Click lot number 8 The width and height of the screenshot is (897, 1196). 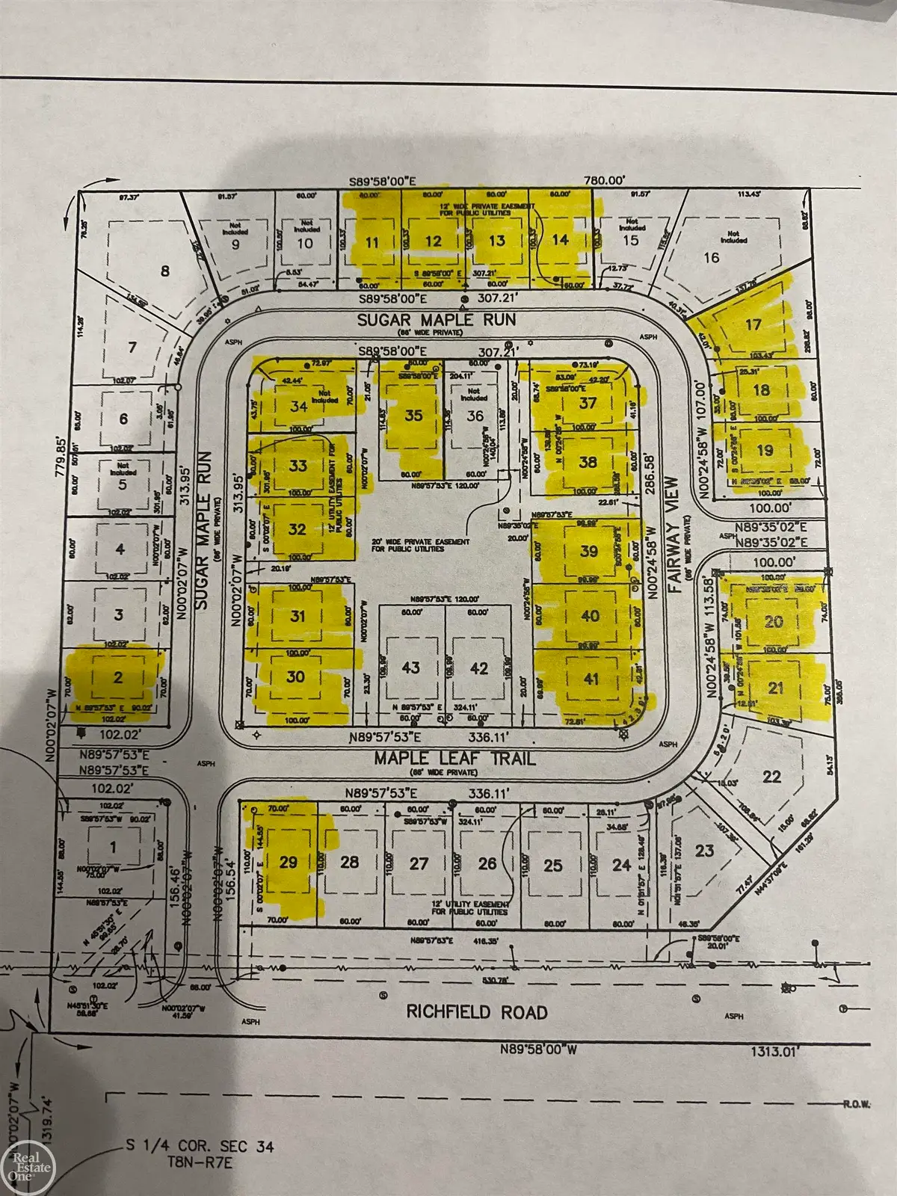pos(165,271)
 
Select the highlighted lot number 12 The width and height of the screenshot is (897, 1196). pos(434,241)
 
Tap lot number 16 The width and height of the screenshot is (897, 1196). pos(712,257)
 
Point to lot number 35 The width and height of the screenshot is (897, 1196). pos(413,416)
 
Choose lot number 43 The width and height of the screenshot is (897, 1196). pos(410,668)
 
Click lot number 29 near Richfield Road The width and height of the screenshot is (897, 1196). pos(289,862)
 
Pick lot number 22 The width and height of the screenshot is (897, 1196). pos(772,777)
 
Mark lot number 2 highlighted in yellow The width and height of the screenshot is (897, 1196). pos(117,678)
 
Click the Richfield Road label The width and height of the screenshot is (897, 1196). pos(477,1012)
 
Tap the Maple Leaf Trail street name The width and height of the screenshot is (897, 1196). pos(454,758)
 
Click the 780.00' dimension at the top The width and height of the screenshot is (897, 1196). pos(603,179)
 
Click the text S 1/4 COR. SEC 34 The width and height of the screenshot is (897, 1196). pos(200,1147)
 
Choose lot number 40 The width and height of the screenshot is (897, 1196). pos(590,616)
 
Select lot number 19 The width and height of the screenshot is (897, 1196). pos(765,451)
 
